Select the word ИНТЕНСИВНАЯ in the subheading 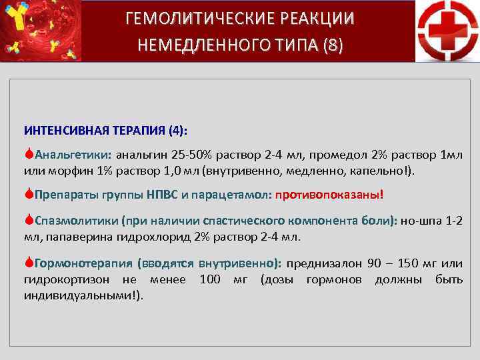pyautogui.click(x=59, y=129)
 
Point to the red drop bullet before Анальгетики pyautogui.click(x=29, y=154)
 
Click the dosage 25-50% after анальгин pyautogui.click(x=190, y=155)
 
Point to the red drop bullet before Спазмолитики pyautogui.click(x=29, y=220)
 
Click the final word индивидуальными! pyautogui.click(x=83, y=295)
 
